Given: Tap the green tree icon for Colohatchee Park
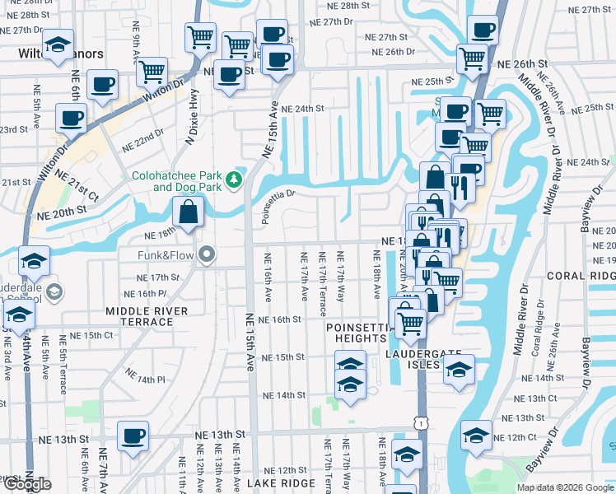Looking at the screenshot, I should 236,180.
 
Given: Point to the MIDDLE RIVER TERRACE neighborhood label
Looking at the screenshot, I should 147,316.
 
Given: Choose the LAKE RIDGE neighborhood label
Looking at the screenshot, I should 281,482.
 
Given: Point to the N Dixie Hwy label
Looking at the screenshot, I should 192,125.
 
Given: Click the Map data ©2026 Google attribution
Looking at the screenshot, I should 565,487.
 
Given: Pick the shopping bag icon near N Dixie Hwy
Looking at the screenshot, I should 189,211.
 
